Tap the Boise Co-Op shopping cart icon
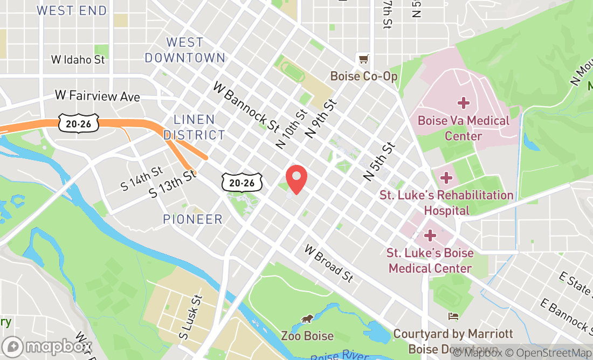tap(364, 59)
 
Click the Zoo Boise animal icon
tap(307, 319)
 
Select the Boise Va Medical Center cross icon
tap(463, 103)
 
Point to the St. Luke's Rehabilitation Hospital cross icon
tap(446, 177)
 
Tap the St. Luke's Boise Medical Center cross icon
tap(430, 236)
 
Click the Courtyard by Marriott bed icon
tap(453, 316)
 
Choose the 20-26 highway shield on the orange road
tap(79, 123)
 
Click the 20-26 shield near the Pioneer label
tap(242, 183)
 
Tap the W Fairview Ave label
tap(98, 96)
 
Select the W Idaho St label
tap(78, 60)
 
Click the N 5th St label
tap(380, 161)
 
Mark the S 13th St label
tap(172, 184)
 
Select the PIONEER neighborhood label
tap(192, 219)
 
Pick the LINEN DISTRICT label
tap(194, 127)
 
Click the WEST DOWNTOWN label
tap(185, 50)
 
